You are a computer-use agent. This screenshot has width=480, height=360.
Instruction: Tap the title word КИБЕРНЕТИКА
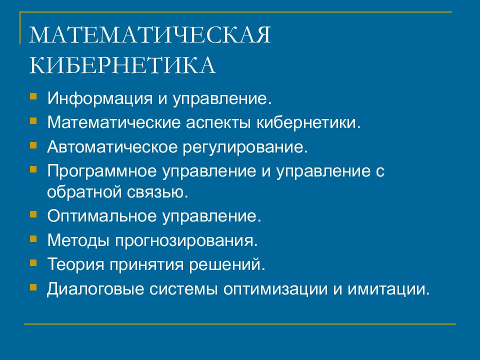[122, 66]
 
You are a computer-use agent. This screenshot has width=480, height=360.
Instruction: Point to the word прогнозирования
[187, 241]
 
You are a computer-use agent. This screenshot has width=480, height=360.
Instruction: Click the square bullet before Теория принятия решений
[33, 261]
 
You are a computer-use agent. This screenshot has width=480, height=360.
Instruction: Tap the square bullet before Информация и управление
[33, 95]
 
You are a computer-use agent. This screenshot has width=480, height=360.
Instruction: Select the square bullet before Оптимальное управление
[33, 214]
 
